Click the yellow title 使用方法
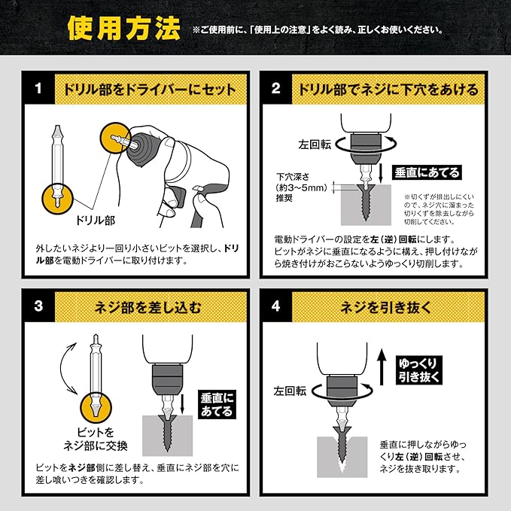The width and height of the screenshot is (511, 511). [124, 29]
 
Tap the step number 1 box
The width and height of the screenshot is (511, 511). [39, 89]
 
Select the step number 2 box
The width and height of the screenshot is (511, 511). [276, 89]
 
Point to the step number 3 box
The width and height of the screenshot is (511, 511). [39, 306]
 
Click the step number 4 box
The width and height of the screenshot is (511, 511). [276, 306]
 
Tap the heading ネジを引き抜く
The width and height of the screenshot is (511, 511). [386, 307]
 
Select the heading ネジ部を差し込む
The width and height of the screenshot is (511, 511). [148, 307]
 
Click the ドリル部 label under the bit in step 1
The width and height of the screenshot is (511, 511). [95, 221]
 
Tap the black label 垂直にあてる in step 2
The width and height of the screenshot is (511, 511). [427, 173]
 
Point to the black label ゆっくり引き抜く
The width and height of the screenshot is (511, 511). [419, 370]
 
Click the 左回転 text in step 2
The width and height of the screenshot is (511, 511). [315, 144]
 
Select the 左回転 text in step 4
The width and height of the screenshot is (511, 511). [290, 391]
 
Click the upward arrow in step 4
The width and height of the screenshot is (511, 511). [382, 367]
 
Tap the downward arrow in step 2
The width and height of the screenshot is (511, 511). [381, 174]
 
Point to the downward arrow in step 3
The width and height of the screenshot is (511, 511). [183, 403]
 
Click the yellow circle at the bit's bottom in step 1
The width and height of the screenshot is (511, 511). [58, 199]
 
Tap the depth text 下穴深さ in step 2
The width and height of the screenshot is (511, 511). [293, 177]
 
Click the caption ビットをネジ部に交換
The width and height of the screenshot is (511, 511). [95, 440]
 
